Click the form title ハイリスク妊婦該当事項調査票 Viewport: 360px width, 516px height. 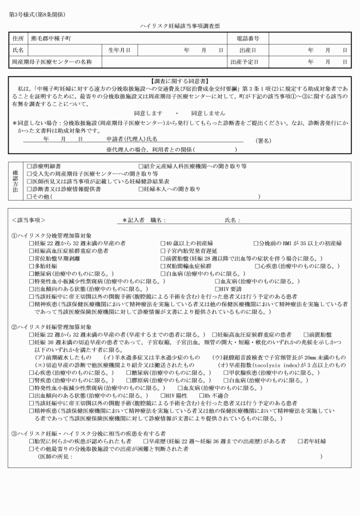click(x=179, y=26)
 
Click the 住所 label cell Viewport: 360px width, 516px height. click(x=18, y=38)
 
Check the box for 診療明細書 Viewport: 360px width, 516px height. click(x=30, y=166)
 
